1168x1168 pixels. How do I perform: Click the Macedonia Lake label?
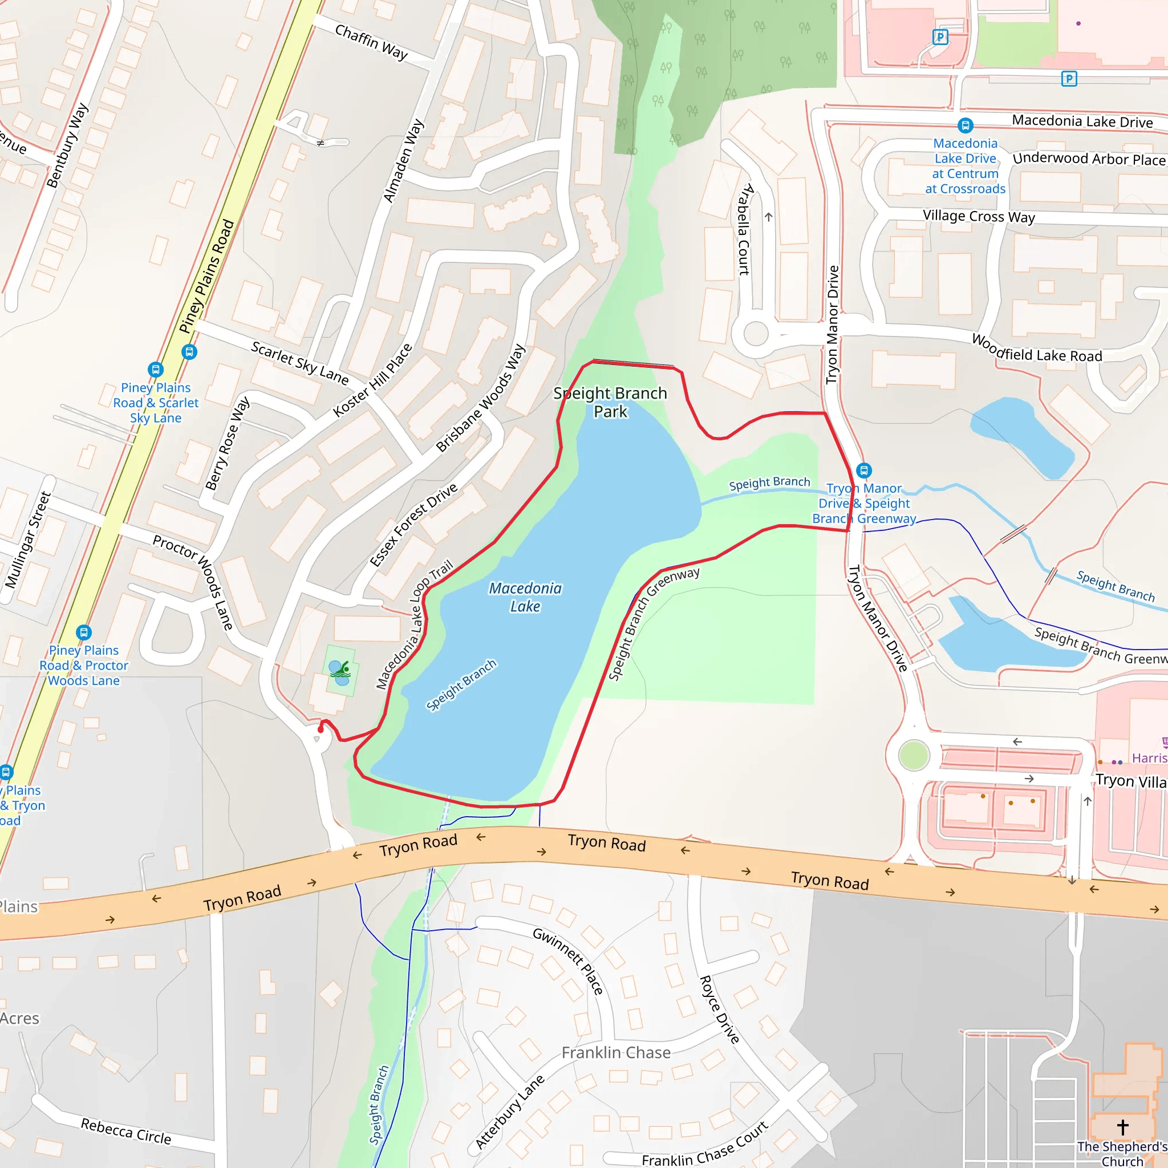tap(525, 597)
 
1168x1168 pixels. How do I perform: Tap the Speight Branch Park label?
tap(610, 402)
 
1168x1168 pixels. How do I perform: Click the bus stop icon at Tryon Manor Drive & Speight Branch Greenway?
tap(864, 470)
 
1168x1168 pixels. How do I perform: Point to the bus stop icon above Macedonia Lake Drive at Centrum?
tap(965, 125)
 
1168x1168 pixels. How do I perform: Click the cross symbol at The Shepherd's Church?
tap(1122, 1126)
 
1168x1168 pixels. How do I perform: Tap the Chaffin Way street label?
tap(371, 42)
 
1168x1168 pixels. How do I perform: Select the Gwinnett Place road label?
tap(567, 960)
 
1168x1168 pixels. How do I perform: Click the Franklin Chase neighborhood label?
tap(615, 1053)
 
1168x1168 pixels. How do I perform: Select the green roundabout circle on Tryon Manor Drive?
tap(914, 755)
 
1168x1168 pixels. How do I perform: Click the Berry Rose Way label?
tap(227, 443)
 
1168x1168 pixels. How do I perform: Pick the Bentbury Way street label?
tap(67, 145)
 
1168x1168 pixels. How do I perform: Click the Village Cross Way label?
tap(978, 216)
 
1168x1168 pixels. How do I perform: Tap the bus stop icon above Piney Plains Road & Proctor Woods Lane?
tap(83, 632)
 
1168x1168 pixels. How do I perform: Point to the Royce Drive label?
tap(719, 1009)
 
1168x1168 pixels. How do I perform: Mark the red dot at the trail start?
tap(321, 729)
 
